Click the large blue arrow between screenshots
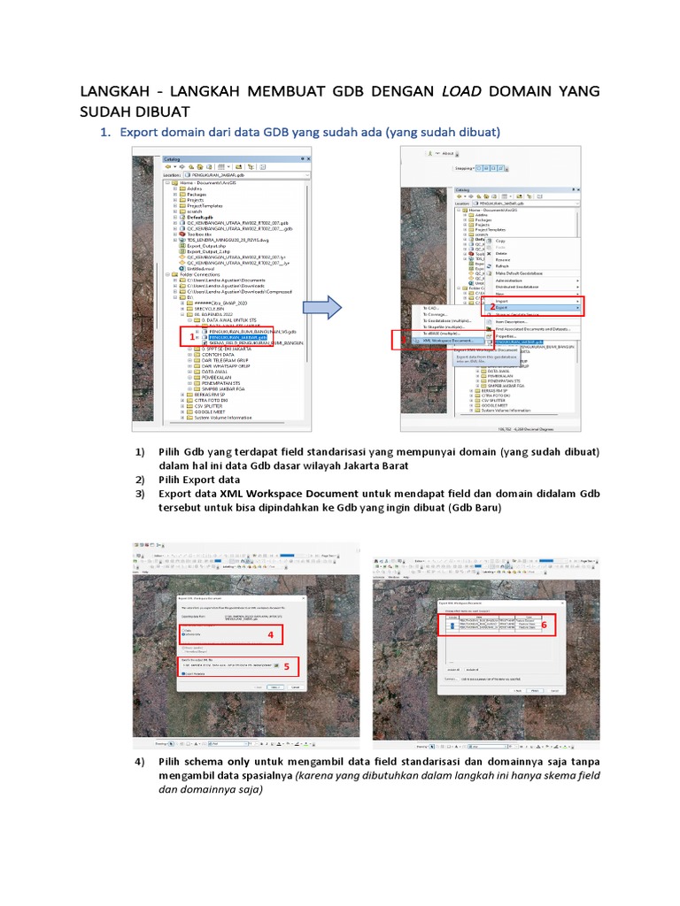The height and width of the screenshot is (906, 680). coord(321,309)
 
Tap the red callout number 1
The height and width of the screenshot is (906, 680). coord(187,338)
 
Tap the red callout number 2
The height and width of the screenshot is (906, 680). coord(492,307)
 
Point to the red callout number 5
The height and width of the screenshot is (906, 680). coord(286,666)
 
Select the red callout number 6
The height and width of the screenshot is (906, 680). coord(544,625)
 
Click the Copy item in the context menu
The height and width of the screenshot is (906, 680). coord(501,241)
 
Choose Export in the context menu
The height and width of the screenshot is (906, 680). coord(502,307)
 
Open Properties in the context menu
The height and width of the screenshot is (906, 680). coord(509,336)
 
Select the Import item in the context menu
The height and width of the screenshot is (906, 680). coord(502,300)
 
